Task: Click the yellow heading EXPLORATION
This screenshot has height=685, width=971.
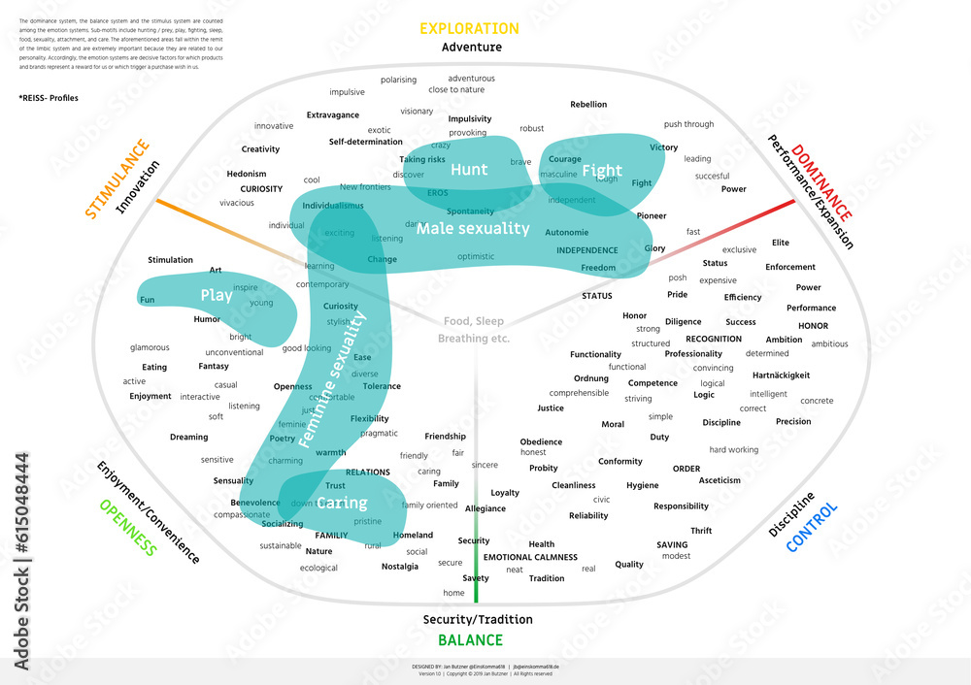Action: click(469, 29)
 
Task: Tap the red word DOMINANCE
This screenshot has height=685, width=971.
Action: click(821, 182)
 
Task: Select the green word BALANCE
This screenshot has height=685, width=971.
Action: click(470, 640)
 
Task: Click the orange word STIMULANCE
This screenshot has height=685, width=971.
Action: click(117, 179)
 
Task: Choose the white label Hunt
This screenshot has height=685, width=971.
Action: click(469, 170)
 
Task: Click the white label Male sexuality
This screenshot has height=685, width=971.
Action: click(473, 229)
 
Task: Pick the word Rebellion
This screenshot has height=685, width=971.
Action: click(588, 105)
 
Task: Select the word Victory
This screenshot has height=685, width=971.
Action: click(664, 147)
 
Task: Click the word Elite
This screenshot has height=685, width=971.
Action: click(781, 243)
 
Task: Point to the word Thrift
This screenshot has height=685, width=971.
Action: click(701, 531)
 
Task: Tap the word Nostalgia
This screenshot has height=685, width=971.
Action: click(400, 567)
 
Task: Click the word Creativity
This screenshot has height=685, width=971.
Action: click(260, 149)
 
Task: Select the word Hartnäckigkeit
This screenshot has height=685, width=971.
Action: click(781, 375)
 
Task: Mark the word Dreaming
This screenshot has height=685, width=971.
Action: click(188, 438)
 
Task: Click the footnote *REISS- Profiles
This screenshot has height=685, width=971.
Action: click(49, 98)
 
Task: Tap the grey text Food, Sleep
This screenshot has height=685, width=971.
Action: click(474, 321)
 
